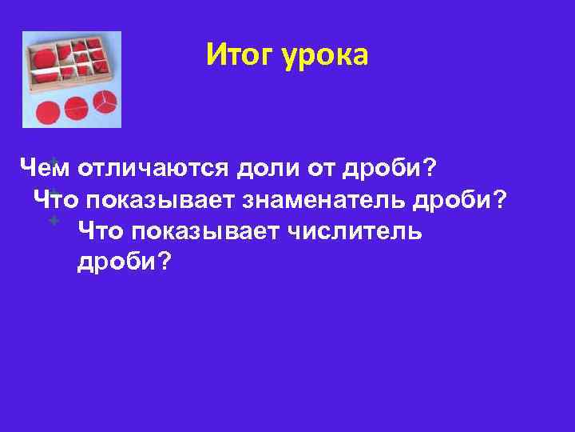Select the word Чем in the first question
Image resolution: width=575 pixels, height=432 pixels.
[x=43, y=169]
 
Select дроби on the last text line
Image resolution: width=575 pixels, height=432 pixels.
[x=124, y=262]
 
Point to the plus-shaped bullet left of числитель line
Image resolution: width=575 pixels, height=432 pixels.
[x=54, y=219]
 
